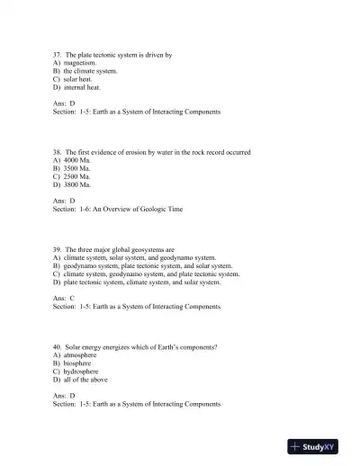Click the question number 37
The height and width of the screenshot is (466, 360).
point(58,55)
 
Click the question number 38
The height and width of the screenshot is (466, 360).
point(58,151)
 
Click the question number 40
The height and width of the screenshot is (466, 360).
point(58,346)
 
